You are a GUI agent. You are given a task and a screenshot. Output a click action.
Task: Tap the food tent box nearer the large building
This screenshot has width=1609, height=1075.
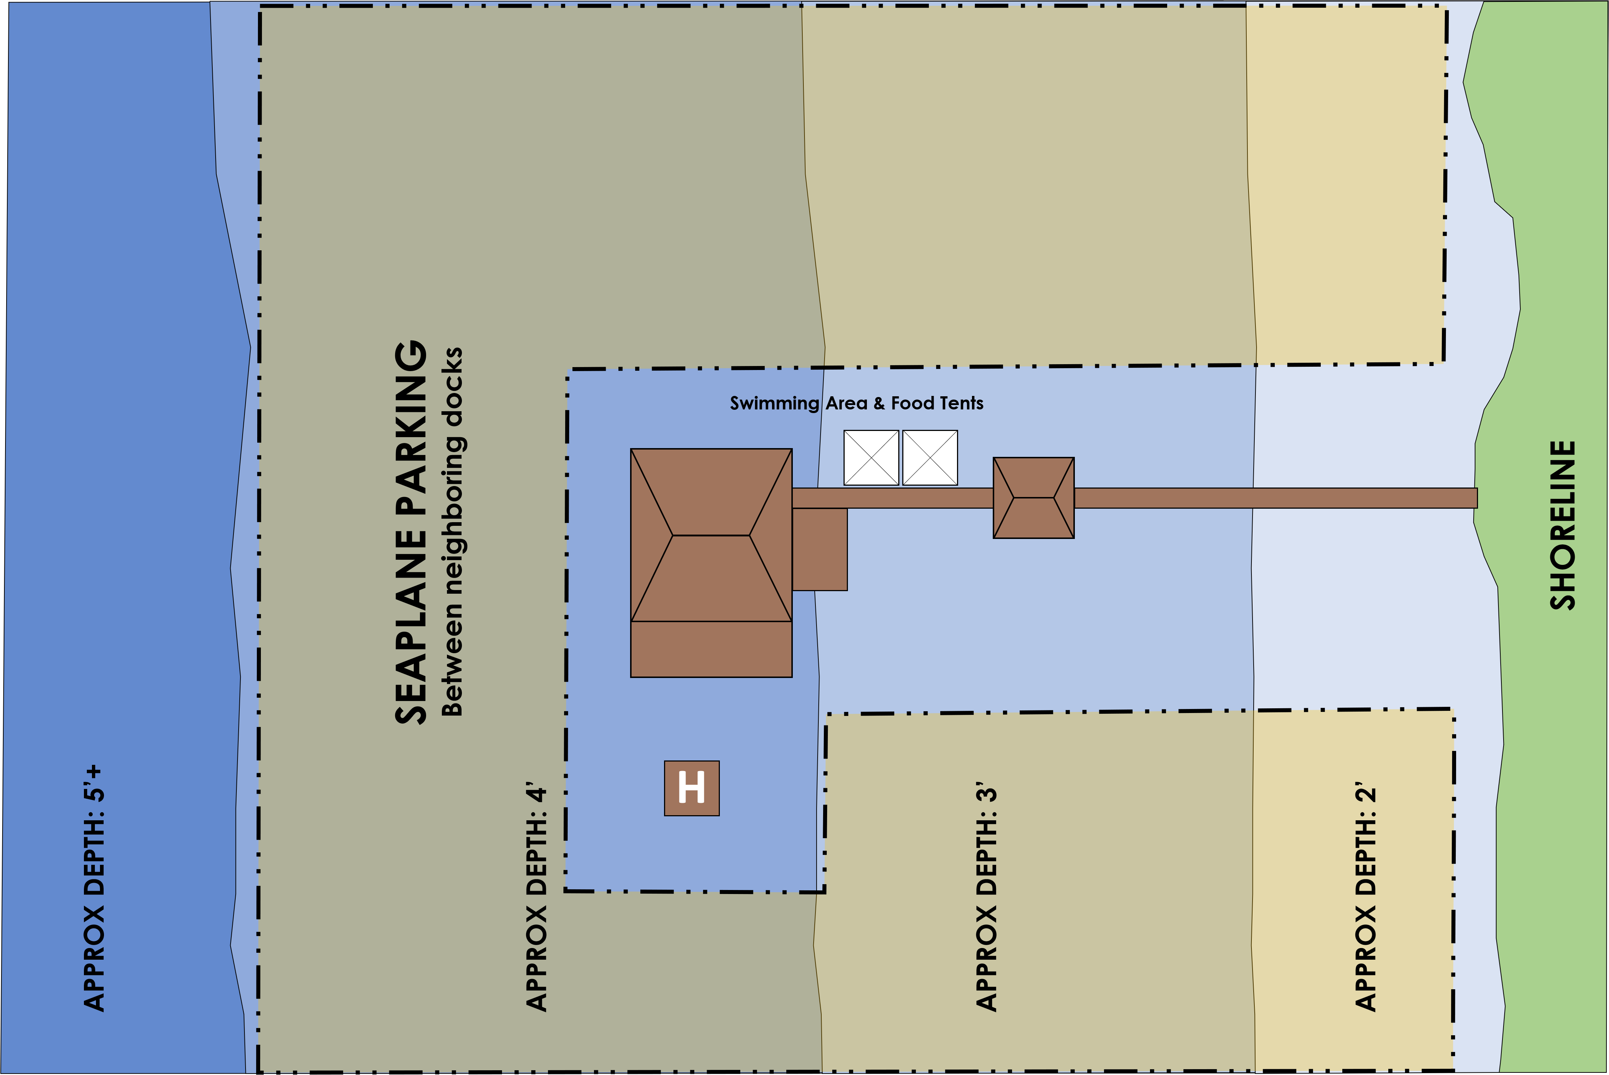(x=871, y=458)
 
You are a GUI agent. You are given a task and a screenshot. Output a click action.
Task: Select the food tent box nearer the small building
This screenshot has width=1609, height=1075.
(x=930, y=458)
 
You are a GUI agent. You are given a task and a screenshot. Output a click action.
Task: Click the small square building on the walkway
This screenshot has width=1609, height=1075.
(x=1034, y=498)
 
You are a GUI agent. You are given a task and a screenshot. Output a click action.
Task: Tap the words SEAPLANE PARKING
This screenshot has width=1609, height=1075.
(x=411, y=532)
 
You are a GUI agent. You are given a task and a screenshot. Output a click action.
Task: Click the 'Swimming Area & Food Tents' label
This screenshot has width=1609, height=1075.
(x=856, y=403)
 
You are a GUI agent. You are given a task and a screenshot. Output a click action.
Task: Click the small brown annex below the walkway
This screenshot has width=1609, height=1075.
(x=820, y=549)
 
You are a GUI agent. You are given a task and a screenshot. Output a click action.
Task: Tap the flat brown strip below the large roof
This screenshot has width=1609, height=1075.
(x=711, y=649)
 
